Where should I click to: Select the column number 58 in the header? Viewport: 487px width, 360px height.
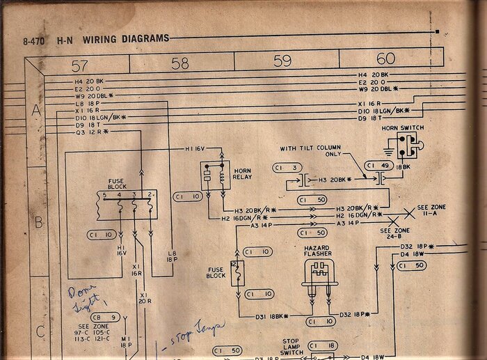tap(179, 63)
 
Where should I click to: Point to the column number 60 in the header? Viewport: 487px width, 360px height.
tap(385, 58)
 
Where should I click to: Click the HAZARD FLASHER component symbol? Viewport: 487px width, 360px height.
tap(317, 274)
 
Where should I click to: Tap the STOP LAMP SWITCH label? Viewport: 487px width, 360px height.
tap(291, 347)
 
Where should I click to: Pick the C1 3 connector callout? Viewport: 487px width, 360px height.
tap(287, 168)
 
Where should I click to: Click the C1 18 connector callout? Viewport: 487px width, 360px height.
tap(322, 345)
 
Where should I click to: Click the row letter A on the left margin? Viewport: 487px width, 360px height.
tap(36, 111)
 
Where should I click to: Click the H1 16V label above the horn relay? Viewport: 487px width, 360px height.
tap(197, 149)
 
